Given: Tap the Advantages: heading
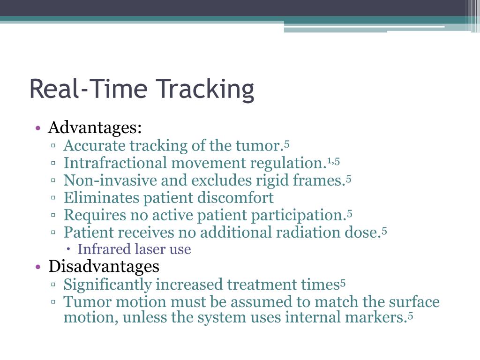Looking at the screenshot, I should [95, 127].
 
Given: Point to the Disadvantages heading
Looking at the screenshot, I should [104, 267].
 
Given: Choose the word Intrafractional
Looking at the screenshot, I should [115, 163].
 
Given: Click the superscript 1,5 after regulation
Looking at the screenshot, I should [333, 161].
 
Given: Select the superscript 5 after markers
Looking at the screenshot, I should [410, 316].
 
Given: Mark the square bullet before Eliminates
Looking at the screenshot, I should [54, 198].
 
